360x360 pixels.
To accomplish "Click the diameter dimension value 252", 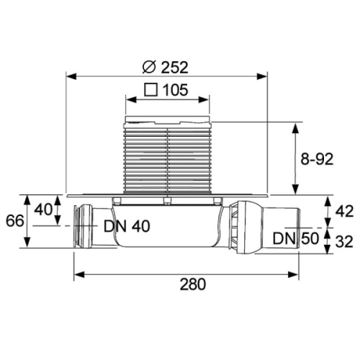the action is point(174,68).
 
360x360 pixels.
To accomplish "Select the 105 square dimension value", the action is point(176,90).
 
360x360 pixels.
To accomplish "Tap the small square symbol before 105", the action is point(151,90).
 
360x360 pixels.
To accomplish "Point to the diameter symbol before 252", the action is point(149,68).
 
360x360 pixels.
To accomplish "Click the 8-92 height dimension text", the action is point(317,159).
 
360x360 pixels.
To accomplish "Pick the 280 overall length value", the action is point(193,284).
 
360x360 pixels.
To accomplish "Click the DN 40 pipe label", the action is point(127,226).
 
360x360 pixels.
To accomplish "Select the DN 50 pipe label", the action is point(296,238).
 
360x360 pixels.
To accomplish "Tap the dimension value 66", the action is point(15,221).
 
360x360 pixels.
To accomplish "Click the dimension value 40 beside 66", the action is point(43,210).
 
